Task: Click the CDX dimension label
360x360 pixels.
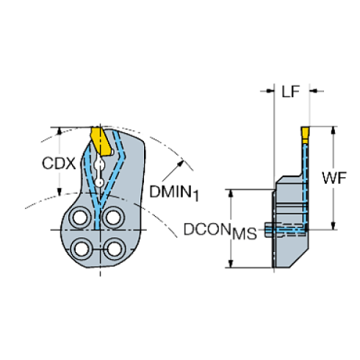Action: [59, 163]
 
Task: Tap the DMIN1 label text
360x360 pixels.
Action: [174, 192]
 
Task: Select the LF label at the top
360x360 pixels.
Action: [291, 91]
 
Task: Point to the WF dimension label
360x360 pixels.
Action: [334, 178]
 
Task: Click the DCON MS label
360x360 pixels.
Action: [220, 231]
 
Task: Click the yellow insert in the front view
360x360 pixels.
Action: [101, 141]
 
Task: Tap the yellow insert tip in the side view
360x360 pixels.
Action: [305, 135]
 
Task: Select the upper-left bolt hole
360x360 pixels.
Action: [79, 217]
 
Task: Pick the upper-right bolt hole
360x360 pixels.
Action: [113, 217]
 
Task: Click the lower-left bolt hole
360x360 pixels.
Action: [82, 249]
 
